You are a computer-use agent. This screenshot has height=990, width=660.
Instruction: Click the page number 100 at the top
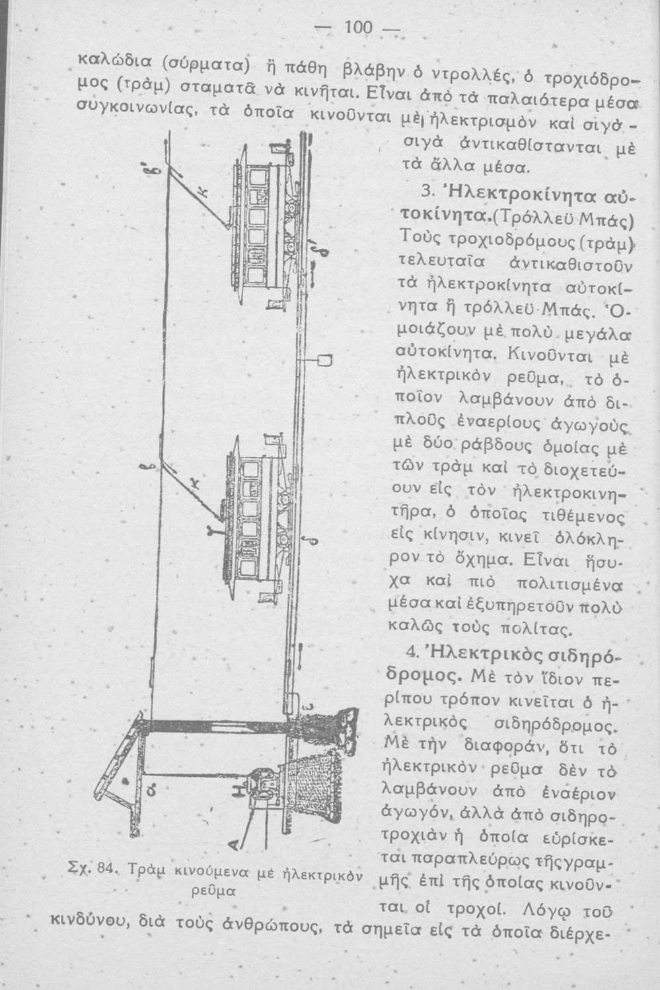click(359, 28)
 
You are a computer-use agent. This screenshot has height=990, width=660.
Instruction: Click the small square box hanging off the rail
click(324, 360)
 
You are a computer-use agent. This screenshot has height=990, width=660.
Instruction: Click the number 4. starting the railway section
click(413, 653)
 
